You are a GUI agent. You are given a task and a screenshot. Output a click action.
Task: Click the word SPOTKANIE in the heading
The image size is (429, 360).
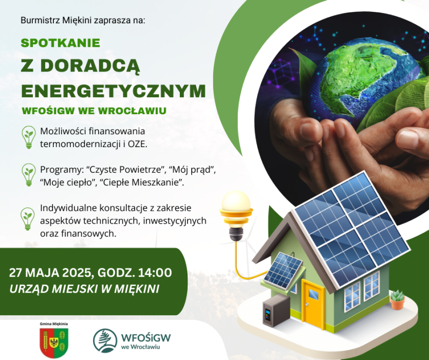pos(61,43)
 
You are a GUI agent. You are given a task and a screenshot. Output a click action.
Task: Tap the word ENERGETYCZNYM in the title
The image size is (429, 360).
pos(114,91)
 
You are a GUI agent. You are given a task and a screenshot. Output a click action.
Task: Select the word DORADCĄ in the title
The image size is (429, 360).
pos(90,66)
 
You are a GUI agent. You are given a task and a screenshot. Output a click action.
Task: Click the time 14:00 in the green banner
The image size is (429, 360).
pos(155,273)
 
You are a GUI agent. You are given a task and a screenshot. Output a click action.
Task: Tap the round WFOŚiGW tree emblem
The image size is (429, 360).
pos(105,340)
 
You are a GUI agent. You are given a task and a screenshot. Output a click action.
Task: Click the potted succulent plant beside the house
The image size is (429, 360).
pos(397,300)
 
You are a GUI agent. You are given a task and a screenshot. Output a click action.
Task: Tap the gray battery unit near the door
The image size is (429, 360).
pos(276,310)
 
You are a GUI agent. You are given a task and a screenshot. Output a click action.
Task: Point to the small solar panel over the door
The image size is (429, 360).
pos(283,271)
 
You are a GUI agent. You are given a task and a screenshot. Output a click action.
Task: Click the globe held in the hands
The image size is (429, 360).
pos(367,82)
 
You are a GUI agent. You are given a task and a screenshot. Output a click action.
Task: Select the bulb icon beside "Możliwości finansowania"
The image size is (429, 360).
pos(29,137)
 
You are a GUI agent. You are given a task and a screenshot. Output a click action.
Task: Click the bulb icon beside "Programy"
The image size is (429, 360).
pos(29,175)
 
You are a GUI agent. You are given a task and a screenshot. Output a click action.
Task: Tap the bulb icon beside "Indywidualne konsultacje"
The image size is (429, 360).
pos(28,219)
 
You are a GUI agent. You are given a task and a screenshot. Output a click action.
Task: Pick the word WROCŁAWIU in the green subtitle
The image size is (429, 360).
pos(132,111)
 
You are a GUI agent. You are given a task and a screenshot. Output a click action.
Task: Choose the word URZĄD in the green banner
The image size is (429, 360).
pos(29,289)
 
